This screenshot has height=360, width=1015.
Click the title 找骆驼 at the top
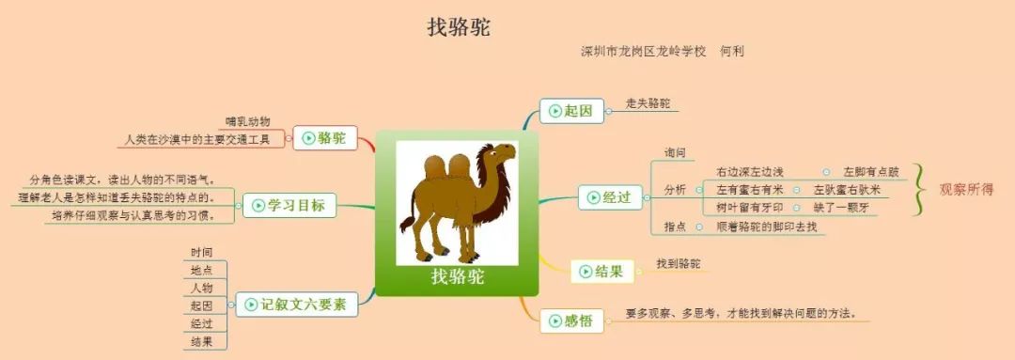459,27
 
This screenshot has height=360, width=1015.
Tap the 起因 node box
570,111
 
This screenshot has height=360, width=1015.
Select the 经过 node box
610,197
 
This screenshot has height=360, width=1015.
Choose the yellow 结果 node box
601,272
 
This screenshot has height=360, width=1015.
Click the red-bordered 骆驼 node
324,138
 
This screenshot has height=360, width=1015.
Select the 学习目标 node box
289,205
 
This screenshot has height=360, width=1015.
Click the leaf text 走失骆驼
648,103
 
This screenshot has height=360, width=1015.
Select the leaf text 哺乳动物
248,121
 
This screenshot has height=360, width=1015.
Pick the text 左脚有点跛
871,172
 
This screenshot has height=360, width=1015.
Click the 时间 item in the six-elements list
201,252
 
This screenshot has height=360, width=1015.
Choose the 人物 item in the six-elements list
201,288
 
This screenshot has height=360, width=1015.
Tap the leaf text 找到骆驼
679,264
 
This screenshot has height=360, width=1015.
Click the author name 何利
731,51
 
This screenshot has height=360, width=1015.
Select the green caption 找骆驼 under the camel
457,276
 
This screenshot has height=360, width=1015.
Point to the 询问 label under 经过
675,152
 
